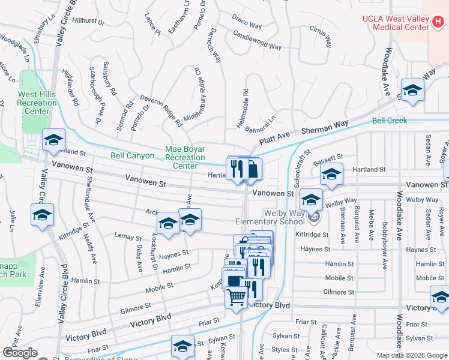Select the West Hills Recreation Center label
(x=37, y=103)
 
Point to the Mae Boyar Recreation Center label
(x=185, y=157)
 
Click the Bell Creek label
(x=389, y=121)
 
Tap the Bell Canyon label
(x=133, y=155)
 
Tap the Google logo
(x=20, y=353)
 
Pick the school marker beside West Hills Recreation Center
(x=53, y=140)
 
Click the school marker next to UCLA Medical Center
(x=412, y=91)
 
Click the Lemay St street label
(x=127, y=238)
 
